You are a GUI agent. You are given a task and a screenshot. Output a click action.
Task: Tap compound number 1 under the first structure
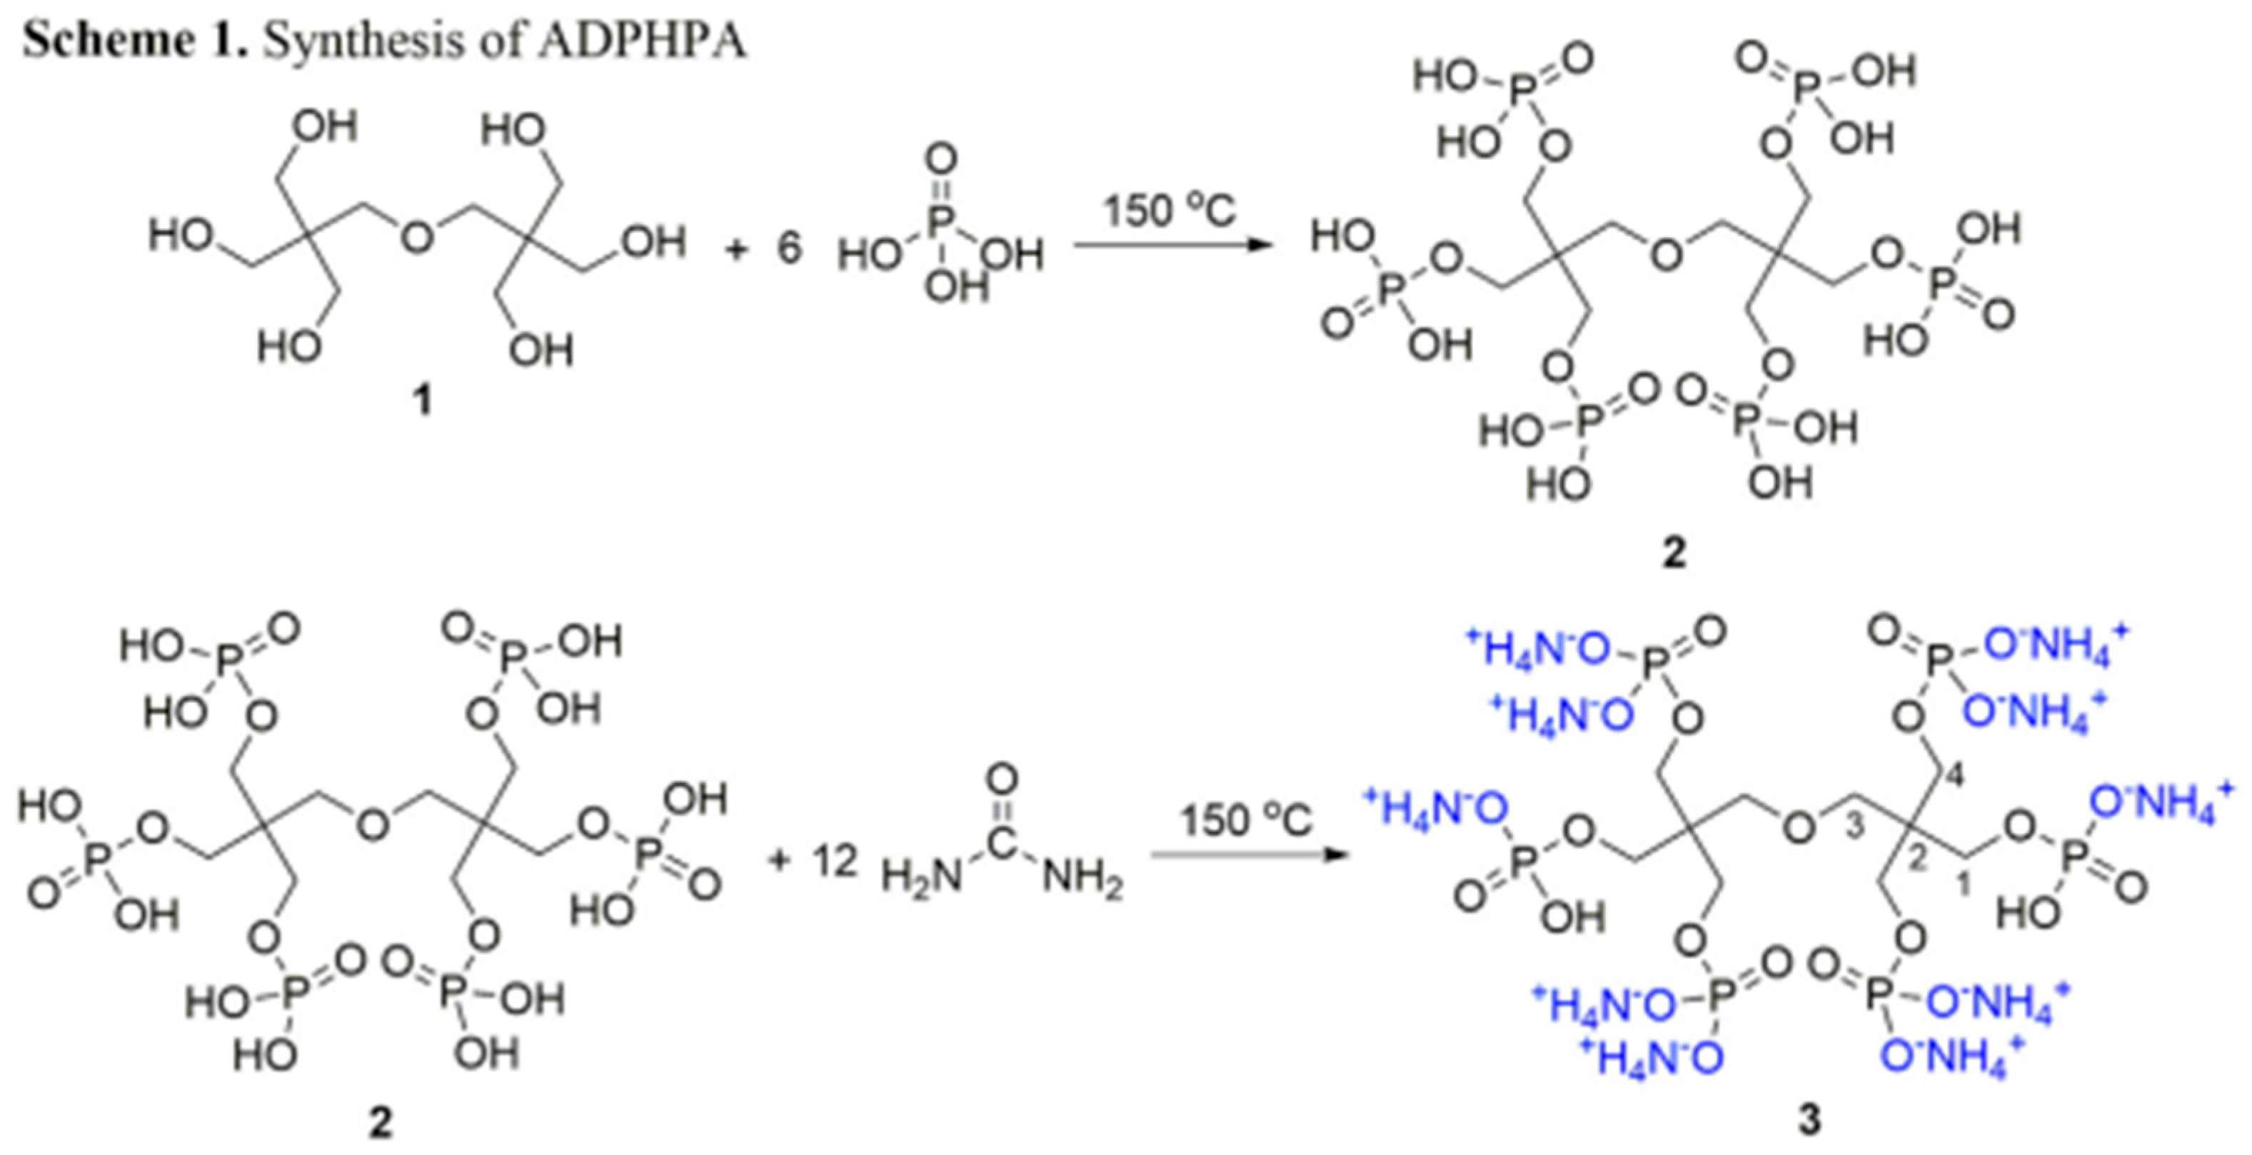[x=422, y=401]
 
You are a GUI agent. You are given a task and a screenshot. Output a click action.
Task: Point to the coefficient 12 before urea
[x=834, y=861]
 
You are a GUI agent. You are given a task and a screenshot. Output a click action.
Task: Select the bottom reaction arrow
[x=1246, y=853]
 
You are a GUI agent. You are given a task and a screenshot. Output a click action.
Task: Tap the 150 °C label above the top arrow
[x=1170, y=210]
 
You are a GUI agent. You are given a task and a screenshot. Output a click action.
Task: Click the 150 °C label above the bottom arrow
[x=1246, y=820]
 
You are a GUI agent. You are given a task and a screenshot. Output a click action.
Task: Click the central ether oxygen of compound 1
[x=417, y=236]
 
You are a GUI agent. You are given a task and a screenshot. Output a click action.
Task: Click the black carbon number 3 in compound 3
[x=1854, y=826]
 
